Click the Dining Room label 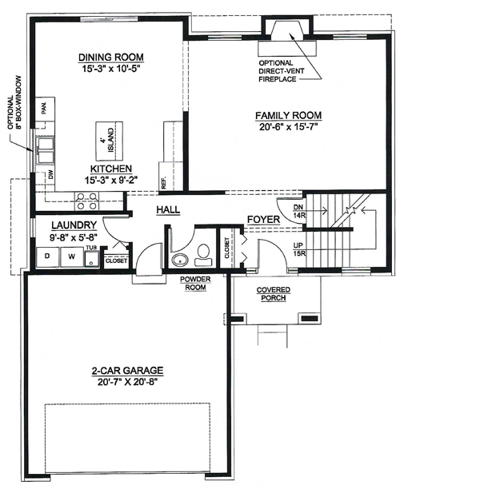[111, 58]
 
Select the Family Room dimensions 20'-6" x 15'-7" [289, 127]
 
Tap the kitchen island [110, 141]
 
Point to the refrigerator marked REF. [170, 177]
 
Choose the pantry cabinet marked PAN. [45, 109]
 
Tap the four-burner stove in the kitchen [87, 201]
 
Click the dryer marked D [47, 256]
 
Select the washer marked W [72, 256]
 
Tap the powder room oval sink [180, 260]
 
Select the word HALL [168, 209]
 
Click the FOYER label [264, 220]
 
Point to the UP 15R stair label [298, 249]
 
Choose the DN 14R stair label [298, 212]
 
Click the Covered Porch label [274, 294]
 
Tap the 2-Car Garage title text [127, 371]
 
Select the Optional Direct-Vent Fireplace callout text [277, 71]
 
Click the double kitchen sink [46, 150]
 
